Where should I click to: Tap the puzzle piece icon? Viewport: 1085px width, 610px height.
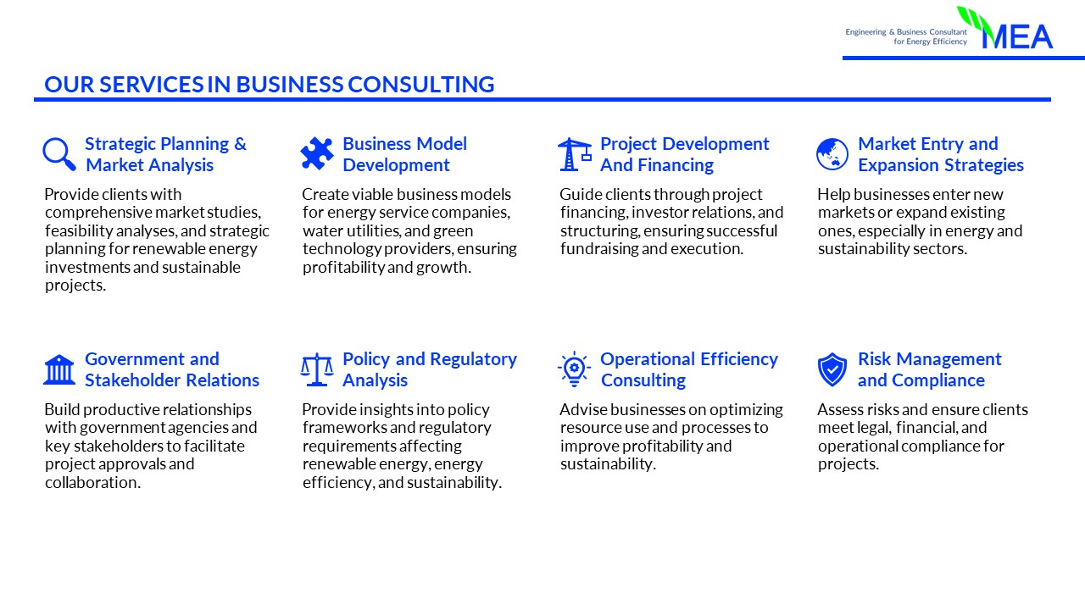pyautogui.click(x=317, y=153)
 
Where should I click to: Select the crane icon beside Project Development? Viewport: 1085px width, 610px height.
pyautogui.click(x=575, y=154)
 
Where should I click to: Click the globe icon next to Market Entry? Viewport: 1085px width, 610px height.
pyautogui.click(x=832, y=154)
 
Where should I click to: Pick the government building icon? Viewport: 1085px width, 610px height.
pyautogui.click(x=59, y=369)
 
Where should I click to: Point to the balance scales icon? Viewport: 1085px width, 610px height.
pyautogui.click(x=317, y=369)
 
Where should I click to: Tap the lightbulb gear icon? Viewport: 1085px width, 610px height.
pyautogui.click(x=574, y=369)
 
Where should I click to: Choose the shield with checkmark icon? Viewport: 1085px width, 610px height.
pyautogui.click(x=832, y=369)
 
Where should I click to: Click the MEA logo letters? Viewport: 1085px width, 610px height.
pyautogui.click(x=1017, y=36)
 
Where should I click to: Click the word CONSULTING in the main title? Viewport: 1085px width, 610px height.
pyautogui.click(x=421, y=84)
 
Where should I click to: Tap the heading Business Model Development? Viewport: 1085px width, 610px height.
pyautogui.click(x=405, y=154)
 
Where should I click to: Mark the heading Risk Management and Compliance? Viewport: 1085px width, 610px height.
pyautogui.click(x=930, y=369)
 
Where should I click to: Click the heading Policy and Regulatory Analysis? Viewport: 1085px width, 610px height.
pyautogui.click(x=430, y=369)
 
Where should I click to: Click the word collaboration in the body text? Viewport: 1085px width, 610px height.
pyautogui.click(x=92, y=483)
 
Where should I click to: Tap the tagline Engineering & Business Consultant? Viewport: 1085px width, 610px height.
pyautogui.click(x=906, y=32)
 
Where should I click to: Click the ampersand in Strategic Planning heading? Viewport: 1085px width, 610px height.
pyautogui.click(x=240, y=144)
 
